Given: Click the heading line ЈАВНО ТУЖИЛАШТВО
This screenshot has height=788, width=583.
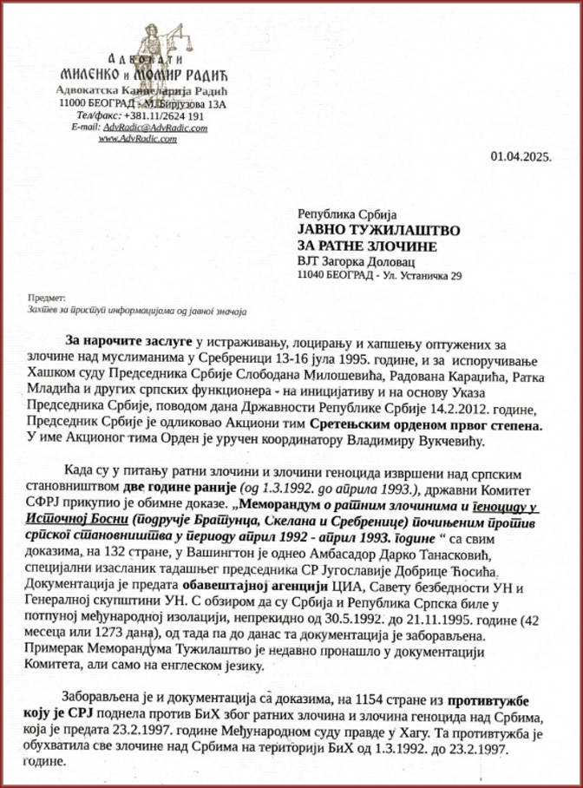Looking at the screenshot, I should tap(378, 229).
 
